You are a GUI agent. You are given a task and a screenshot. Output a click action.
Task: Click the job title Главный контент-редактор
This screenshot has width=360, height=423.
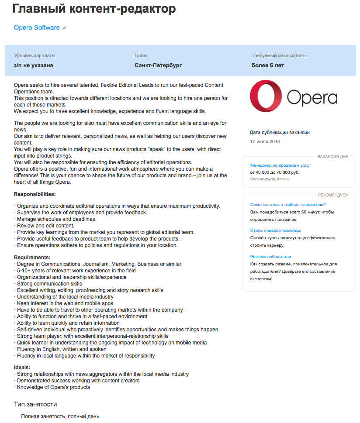[94, 8]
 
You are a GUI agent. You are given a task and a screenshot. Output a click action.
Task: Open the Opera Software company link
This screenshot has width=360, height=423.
[37, 28]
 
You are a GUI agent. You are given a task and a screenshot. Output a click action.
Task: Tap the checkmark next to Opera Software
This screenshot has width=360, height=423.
[65, 28]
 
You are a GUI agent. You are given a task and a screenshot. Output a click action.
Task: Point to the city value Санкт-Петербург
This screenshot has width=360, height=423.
[158, 65]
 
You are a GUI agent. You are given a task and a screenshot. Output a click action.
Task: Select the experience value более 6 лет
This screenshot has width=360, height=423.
[268, 65]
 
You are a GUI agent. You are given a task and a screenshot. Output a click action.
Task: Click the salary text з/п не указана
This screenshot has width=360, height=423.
[34, 65]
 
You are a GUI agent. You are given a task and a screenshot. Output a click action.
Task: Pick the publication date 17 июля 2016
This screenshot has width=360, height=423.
[265, 141]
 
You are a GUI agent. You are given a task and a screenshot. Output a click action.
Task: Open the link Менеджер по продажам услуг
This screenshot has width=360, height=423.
[280, 165]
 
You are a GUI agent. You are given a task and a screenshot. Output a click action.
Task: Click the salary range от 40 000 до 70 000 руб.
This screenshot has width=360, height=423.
[275, 172]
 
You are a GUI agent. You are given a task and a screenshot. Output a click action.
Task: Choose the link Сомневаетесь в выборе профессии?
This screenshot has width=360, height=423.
[288, 205]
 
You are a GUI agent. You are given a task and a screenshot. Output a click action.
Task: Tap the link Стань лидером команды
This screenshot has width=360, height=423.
[275, 230]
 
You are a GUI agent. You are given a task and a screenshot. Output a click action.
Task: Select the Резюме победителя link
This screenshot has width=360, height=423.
[270, 257]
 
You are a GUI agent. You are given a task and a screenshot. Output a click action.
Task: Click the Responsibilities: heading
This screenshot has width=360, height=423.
[35, 194]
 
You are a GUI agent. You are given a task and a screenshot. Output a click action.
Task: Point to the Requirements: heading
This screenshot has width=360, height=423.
[32, 258]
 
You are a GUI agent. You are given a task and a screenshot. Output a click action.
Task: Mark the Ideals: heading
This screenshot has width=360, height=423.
[22, 368]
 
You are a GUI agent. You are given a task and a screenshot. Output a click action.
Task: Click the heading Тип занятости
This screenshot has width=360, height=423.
[35, 404]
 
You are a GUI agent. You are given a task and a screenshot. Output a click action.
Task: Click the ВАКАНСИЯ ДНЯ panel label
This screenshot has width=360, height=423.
[333, 156]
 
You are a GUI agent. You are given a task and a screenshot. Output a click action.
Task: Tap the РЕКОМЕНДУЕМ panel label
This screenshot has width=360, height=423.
[333, 195]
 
